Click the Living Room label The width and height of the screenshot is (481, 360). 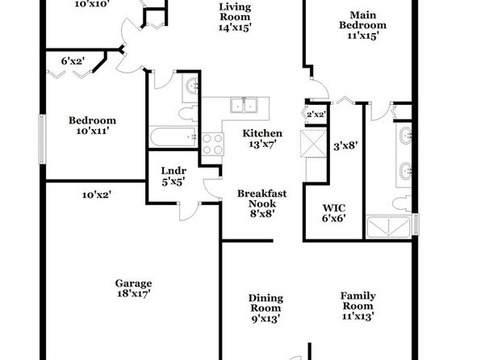[235, 11]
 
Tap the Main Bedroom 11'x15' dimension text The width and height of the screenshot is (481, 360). [362, 36]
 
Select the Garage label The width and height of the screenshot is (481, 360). [133, 283]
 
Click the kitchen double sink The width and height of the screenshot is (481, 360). [245, 105]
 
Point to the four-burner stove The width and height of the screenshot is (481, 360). [212, 144]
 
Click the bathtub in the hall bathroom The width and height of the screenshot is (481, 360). [173, 137]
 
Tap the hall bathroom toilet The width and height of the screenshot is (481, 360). [188, 113]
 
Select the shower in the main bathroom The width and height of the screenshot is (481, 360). [389, 227]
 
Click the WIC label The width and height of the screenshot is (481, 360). [334, 207]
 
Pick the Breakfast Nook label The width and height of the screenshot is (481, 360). [262, 199]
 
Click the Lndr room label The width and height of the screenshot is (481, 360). [174, 170]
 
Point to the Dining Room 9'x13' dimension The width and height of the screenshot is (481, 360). [266, 319]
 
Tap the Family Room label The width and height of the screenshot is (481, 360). [358, 301]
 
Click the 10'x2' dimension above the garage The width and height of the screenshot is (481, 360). [97, 195]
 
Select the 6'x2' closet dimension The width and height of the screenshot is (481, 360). [73, 61]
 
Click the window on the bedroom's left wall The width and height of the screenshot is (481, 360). [42, 139]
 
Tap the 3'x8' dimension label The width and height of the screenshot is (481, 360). [345, 145]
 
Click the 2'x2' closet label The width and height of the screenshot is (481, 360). [316, 115]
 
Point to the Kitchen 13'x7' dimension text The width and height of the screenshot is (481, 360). [262, 144]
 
